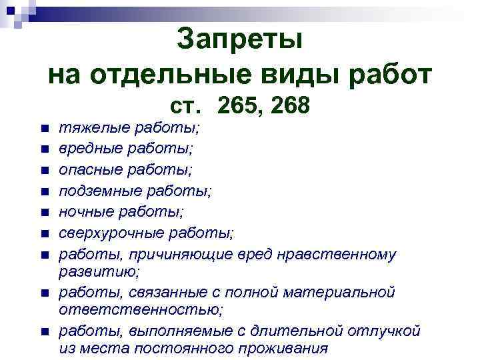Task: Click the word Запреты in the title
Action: click(240, 39)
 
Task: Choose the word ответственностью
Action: click(139, 309)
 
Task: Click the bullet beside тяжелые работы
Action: click(43, 128)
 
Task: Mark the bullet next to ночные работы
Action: click(43, 213)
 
